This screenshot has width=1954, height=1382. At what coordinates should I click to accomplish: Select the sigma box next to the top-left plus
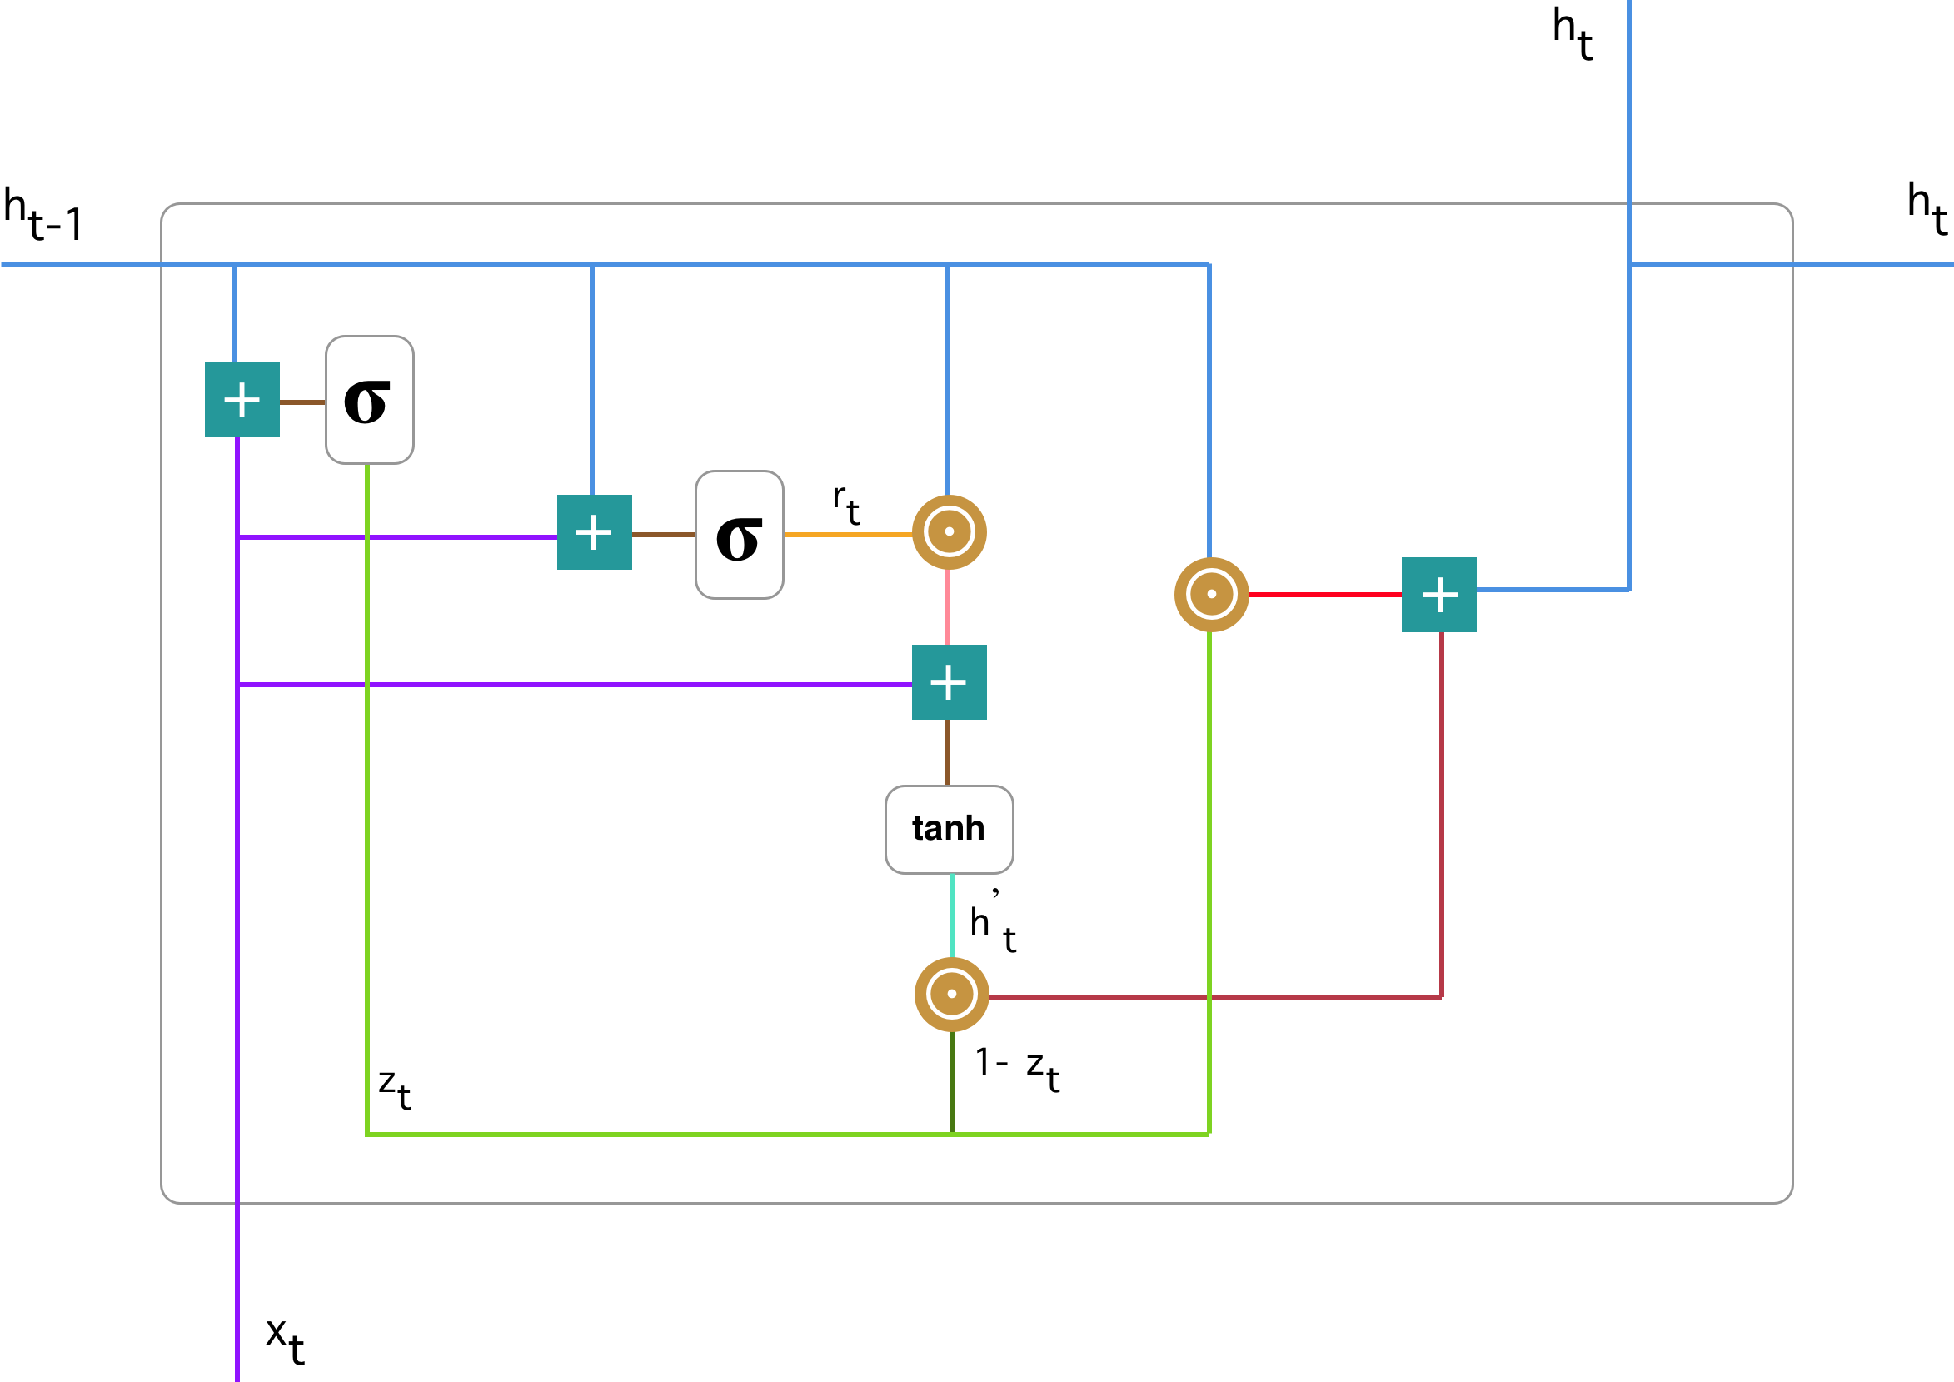[x=369, y=400]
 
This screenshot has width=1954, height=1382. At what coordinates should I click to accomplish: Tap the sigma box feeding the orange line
[x=739, y=535]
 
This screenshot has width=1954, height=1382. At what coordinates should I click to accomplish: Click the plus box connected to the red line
[x=1438, y=595]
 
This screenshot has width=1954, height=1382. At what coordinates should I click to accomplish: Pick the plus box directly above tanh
[x=949, y=682]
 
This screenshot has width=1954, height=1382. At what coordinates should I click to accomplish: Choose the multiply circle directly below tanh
[x=951, y=994]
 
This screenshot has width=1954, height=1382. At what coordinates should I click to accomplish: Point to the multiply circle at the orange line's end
[x=949, y=531]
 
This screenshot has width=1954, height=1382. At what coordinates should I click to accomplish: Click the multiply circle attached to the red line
[x=1211, y=595]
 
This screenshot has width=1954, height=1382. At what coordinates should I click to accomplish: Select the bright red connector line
[x=1324, y=595]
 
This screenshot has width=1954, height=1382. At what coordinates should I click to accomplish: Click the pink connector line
[x=947, y=606]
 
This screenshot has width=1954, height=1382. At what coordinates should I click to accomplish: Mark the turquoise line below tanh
[x=951, y=915]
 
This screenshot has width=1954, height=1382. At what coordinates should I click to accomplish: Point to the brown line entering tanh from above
[x=947, y=752]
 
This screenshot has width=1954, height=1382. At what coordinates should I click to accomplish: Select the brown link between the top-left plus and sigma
[x=302, y=402]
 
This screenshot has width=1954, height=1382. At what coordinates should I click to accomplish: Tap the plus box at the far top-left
[x=242, y=400]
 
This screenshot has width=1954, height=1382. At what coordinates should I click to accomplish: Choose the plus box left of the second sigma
[x=594, y=531]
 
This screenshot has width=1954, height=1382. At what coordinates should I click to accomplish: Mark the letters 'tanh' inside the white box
[x=948, y=828]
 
